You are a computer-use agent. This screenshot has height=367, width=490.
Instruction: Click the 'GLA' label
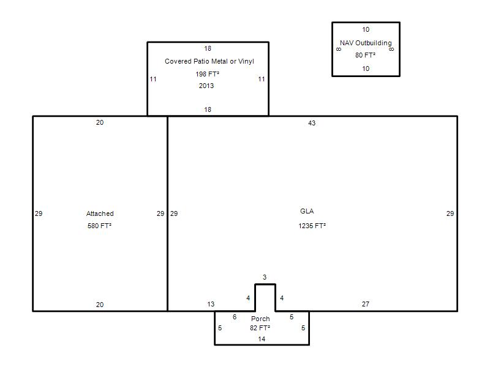[307, 211]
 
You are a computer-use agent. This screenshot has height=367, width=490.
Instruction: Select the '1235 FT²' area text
[312, 226]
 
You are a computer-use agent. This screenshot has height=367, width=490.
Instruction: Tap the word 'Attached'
[100, 213]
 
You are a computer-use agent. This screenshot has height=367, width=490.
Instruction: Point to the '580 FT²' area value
[99, 226]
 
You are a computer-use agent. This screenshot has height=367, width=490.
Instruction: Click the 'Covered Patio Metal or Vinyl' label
[209, 62]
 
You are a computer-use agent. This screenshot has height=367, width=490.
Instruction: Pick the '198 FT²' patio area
[207, 74]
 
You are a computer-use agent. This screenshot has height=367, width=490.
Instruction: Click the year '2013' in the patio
[206, 86]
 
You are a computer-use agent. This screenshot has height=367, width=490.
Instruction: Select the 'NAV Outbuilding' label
[366, 43]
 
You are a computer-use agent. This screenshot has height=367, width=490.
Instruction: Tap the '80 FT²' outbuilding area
[365, 55]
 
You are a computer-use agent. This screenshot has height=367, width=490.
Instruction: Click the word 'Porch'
[260, 319]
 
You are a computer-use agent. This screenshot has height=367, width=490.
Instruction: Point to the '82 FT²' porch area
[260, 328]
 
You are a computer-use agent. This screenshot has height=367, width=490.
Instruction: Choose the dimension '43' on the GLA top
[312, 123]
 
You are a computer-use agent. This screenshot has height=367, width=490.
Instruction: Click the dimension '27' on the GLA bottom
[366, 304]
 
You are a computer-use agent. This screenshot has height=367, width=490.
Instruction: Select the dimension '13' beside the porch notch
[211, 304]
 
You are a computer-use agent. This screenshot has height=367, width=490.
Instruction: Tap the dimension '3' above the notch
[265, 277]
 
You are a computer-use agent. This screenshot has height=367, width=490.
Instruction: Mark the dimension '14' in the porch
[262, 339]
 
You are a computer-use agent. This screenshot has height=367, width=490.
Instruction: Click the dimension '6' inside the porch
[235, 317]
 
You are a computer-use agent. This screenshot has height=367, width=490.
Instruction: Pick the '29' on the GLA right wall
[450, 213]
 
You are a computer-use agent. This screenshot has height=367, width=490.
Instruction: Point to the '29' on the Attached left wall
[39, 213]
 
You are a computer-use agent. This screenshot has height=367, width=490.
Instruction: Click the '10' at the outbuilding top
[366, 29]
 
